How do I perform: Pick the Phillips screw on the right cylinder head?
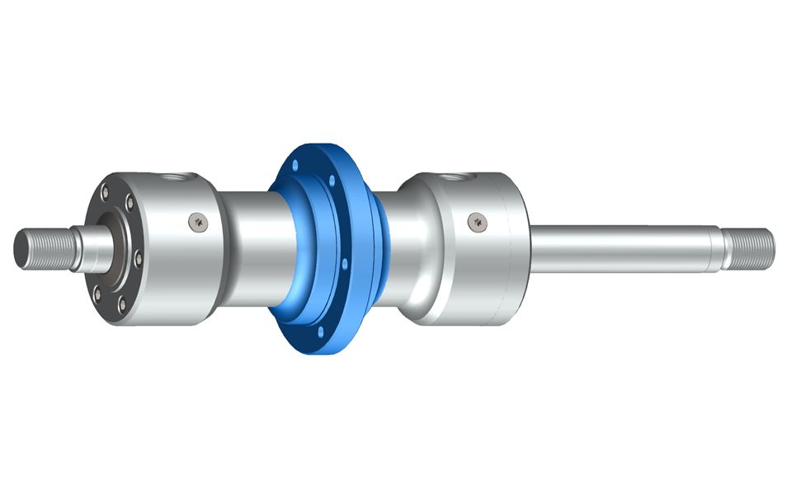tap(476, 220)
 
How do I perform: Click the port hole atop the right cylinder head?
tap(456, 176)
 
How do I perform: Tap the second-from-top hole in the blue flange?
tap(332, 180)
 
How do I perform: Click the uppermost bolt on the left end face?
tap(104, 192)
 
